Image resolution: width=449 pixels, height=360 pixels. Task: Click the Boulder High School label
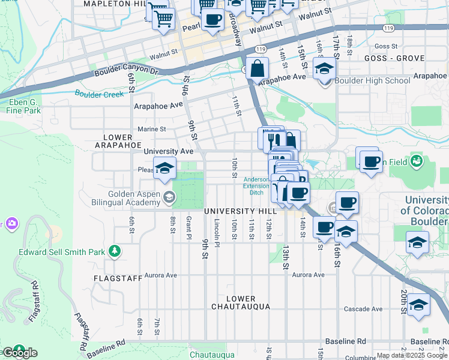tap(372, 81)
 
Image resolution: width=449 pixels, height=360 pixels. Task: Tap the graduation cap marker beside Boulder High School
tap(324, 70)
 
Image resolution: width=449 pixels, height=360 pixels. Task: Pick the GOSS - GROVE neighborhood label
tap(394, 58)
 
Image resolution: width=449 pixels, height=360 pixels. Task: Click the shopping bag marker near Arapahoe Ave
tap(257, 70)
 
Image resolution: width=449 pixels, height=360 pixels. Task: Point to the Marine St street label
tap(151, 129)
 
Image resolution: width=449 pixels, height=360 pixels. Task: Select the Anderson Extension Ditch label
tap(256, 186)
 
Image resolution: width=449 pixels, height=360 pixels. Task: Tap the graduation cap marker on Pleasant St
tap(164, 169)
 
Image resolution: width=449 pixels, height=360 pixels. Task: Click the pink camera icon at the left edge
tap(11, 224)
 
